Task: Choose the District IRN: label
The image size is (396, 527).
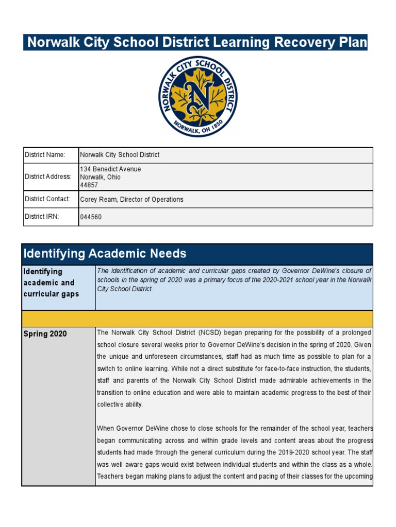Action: point(42,217)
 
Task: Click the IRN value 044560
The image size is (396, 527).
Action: point(91,217)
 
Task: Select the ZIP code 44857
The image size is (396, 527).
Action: point(89,185)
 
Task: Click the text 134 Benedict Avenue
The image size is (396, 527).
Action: point(110,169)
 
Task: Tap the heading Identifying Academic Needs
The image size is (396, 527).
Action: point(105,253)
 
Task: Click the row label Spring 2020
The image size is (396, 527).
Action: point(45,334)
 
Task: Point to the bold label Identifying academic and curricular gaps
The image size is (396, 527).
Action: point(49,283)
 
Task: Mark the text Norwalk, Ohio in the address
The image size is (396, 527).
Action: point(100,177)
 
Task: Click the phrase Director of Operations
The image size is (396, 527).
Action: point(153,200)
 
